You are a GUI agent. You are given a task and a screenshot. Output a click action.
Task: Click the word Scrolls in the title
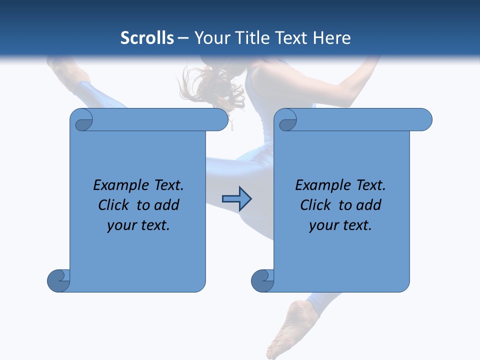coord(147,38)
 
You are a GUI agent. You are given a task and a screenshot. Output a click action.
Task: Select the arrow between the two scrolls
coord(236,199)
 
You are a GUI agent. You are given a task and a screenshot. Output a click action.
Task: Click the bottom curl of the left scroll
coord(58,280)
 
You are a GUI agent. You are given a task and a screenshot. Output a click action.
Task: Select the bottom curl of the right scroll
coord(262,280)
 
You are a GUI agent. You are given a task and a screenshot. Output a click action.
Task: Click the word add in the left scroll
coord(167,205)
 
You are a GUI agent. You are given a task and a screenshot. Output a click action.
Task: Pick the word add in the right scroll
coord(369,205)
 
